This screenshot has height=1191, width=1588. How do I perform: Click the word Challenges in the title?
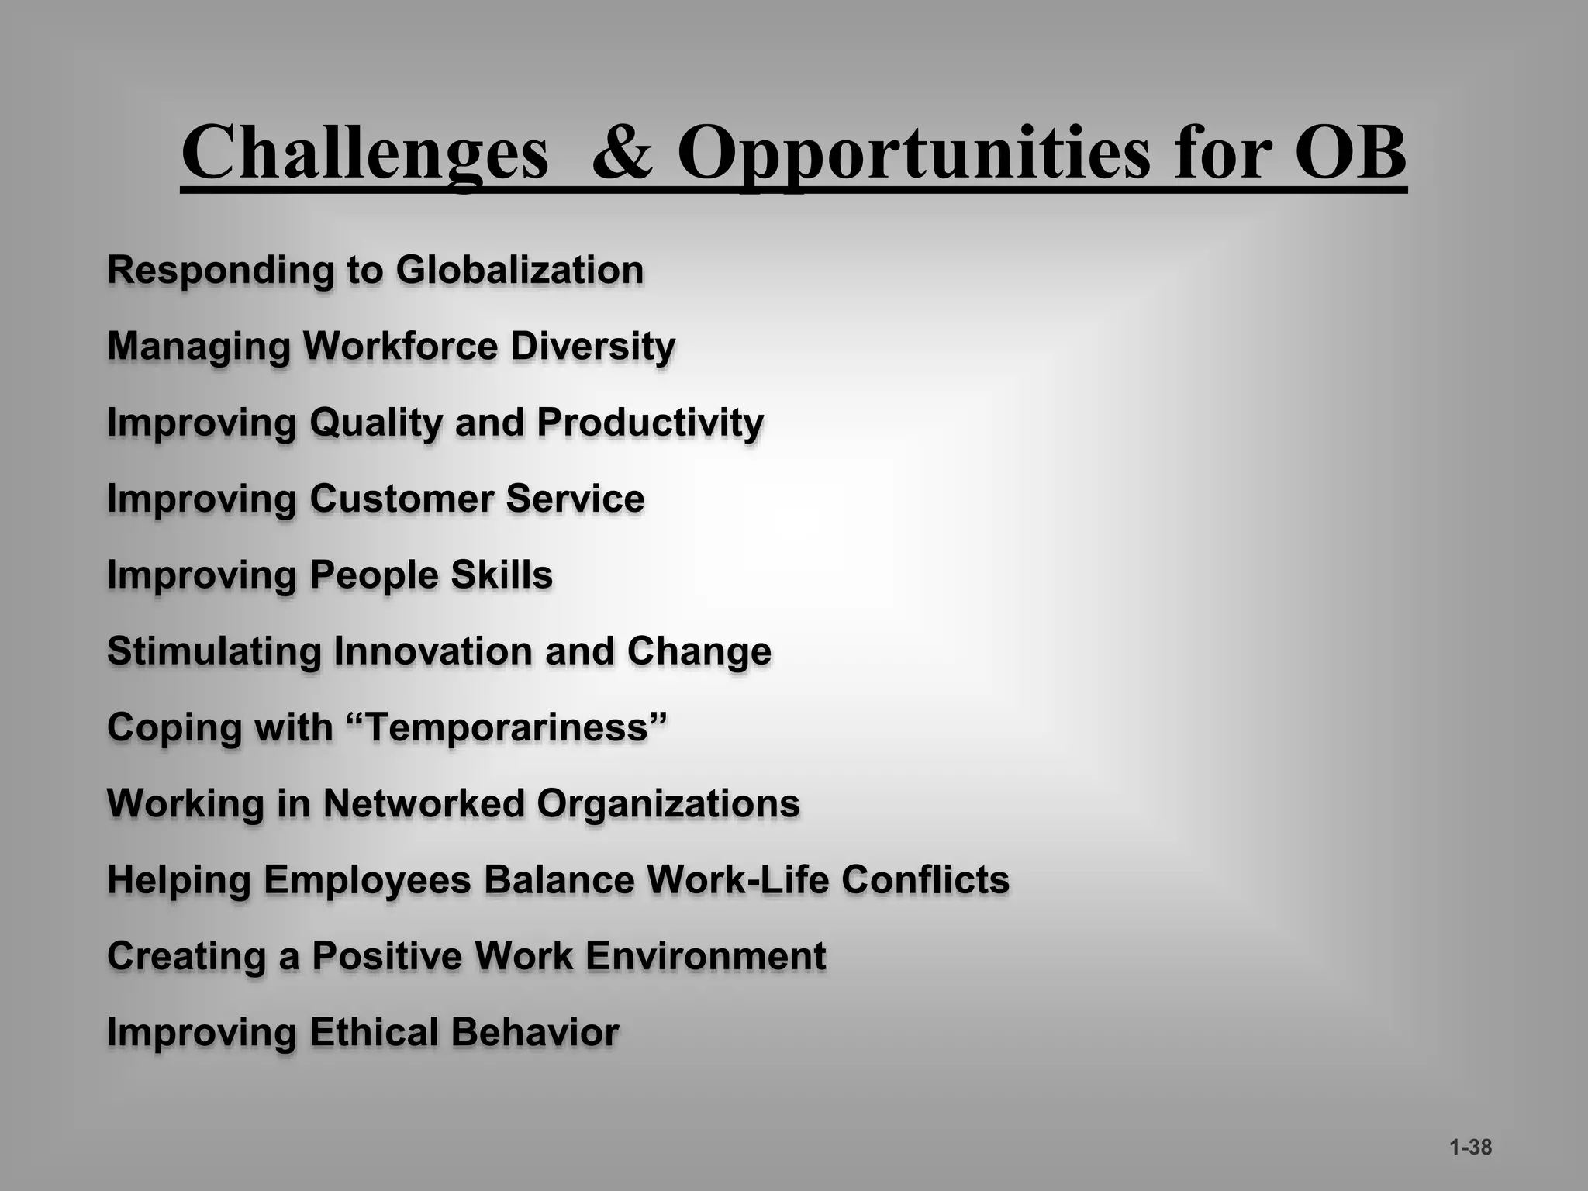364,152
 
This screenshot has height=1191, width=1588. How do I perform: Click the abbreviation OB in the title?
1350,152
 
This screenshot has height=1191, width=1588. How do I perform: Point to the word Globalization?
520,270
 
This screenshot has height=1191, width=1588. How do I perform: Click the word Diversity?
592,346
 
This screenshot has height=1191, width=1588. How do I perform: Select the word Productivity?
650,423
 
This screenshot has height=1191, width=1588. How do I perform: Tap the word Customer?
401,498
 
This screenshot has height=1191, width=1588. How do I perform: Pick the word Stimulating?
214,651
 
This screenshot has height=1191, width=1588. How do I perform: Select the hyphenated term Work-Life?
737,879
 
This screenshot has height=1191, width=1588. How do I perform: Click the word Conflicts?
925,879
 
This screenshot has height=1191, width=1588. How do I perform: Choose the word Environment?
705,955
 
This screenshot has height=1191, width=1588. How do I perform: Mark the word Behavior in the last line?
534,1032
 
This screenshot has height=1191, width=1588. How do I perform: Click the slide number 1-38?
1470,1148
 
